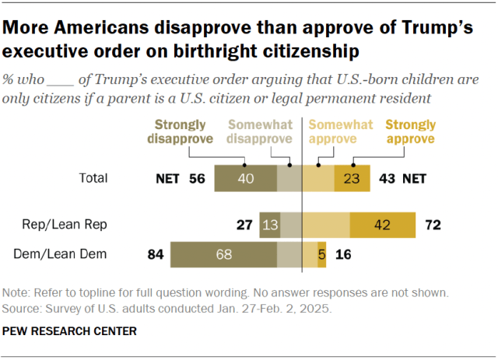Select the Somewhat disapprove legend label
(260, 131)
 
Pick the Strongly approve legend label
(410, 131)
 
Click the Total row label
(93, 178)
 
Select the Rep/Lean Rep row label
(75, 225)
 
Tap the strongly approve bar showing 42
(383, 225)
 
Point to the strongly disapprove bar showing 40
(245, 178)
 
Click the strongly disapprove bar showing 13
(269, 225)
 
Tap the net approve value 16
(342, 254)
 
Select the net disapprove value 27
(244, 225)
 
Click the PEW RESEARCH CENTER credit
(70, 330)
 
